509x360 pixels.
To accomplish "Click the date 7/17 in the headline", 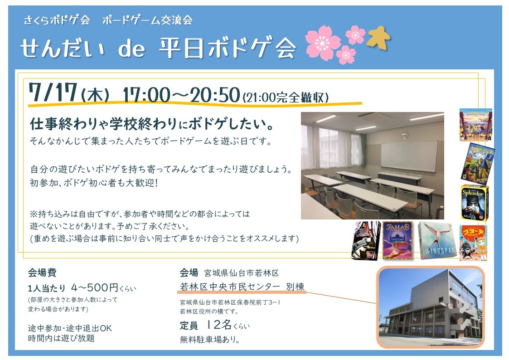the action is tap(53, 92).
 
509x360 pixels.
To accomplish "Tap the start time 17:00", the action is tap(146, 95).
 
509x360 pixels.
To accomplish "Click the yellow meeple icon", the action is tap(378, 38).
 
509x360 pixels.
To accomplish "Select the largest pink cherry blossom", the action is tap(323, 43).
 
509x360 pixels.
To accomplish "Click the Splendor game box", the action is tap(474, 203).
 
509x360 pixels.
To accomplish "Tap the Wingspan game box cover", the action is tap(436, 241).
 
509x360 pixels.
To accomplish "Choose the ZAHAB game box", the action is tap(398, 240).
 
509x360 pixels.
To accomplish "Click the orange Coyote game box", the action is tap(473, 243).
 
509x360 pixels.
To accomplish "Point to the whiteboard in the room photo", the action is tap(409, 156).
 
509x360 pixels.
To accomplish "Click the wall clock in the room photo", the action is tap(404, 136).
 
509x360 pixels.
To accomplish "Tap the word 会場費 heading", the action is tap(42, 272).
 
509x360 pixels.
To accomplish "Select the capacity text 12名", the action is tap(219, 324).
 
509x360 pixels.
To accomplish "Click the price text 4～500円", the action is tap(94, 287).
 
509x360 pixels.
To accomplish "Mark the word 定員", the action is tap(189, 325).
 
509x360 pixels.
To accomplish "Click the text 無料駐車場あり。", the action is tap(210, 340).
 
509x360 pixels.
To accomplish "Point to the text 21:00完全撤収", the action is tap(286, 97).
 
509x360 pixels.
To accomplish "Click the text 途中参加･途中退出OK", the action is tap(70, 328).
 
